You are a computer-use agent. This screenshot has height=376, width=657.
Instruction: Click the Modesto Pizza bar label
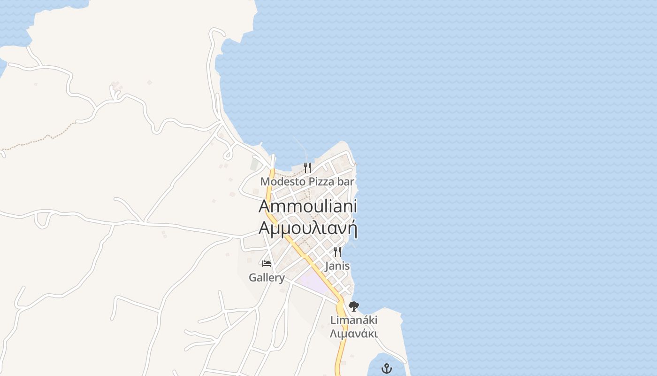pos(307,181)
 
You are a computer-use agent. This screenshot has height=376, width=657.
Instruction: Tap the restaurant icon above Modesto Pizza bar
pos(307,167)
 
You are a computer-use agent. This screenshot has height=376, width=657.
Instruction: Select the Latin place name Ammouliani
pos(308,206)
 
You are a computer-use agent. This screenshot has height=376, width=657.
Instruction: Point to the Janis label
pos(337,266)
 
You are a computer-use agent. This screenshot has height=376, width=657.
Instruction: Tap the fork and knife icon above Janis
pos(337,252)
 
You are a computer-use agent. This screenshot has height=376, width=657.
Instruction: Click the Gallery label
pos(267,278)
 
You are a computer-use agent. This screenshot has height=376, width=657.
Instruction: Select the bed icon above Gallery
pos(267,263)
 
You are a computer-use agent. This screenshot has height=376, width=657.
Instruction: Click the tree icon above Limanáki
pos(354,306)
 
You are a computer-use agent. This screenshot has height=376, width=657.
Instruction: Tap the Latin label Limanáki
pos(354,320)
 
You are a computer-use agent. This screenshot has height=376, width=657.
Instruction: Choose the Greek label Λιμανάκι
pos(354,334)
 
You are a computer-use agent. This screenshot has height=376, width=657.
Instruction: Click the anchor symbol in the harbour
pos(386,368)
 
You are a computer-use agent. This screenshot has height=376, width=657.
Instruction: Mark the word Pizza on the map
pos(321,181)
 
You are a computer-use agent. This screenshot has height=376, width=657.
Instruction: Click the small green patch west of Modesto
pos(254,164)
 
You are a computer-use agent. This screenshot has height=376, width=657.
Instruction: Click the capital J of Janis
pos(327,266)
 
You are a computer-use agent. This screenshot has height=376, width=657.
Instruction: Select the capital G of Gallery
pos(252,278)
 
